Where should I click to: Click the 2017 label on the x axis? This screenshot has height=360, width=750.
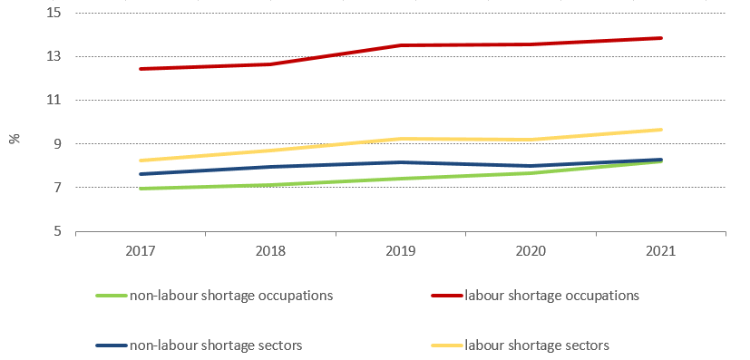click(141, 252)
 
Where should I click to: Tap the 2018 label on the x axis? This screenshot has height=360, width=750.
click(270, 252)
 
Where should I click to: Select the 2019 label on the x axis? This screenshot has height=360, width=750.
click(401, 252)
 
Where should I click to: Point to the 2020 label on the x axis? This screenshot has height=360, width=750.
click(531, 252)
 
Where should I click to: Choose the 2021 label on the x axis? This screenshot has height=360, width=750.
click(660, 252)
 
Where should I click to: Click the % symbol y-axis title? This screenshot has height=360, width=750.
click(15, 139)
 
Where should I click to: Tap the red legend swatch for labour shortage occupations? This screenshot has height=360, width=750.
click(445, 296)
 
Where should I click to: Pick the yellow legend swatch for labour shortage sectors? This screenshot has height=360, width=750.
click(445, 345)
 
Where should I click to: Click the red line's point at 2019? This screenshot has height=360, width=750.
click(401, 45)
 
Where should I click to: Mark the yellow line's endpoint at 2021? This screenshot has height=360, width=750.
click(661, 130)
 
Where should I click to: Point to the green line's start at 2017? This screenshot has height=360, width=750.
click(141, 189)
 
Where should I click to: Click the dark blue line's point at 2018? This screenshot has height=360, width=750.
click(270, 167)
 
